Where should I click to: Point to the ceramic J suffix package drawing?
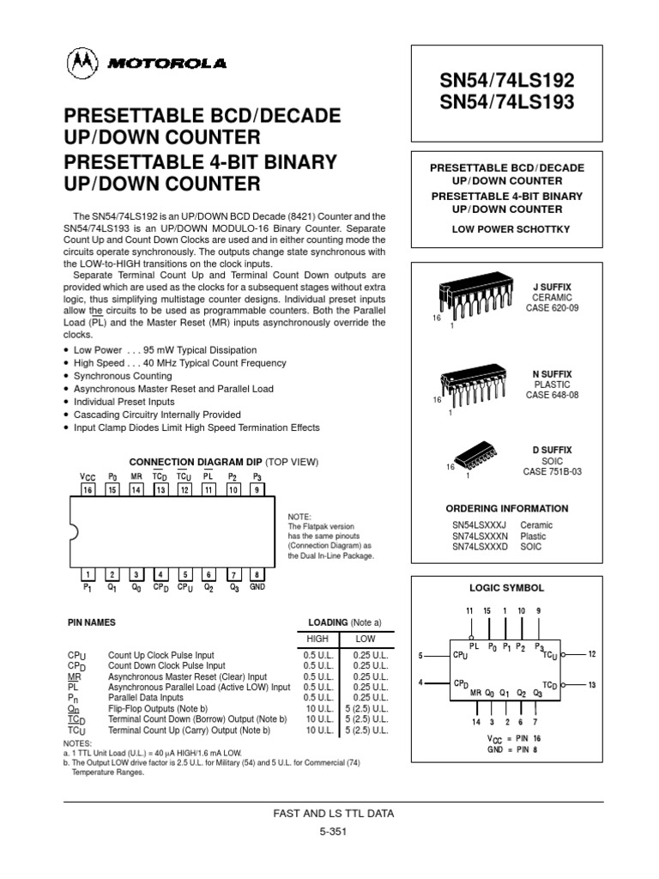point(475,297)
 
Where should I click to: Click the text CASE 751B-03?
point(553,472)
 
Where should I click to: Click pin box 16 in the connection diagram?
point(88,489)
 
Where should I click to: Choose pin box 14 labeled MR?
point(136,489)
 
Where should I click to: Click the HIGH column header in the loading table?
point(317,639)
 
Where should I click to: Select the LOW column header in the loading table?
point(366,639)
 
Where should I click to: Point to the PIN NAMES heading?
point(91,621)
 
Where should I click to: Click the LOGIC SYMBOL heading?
point(505,588)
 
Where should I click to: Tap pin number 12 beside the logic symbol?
point(592,654)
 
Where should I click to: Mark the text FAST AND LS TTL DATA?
point(334,812)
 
